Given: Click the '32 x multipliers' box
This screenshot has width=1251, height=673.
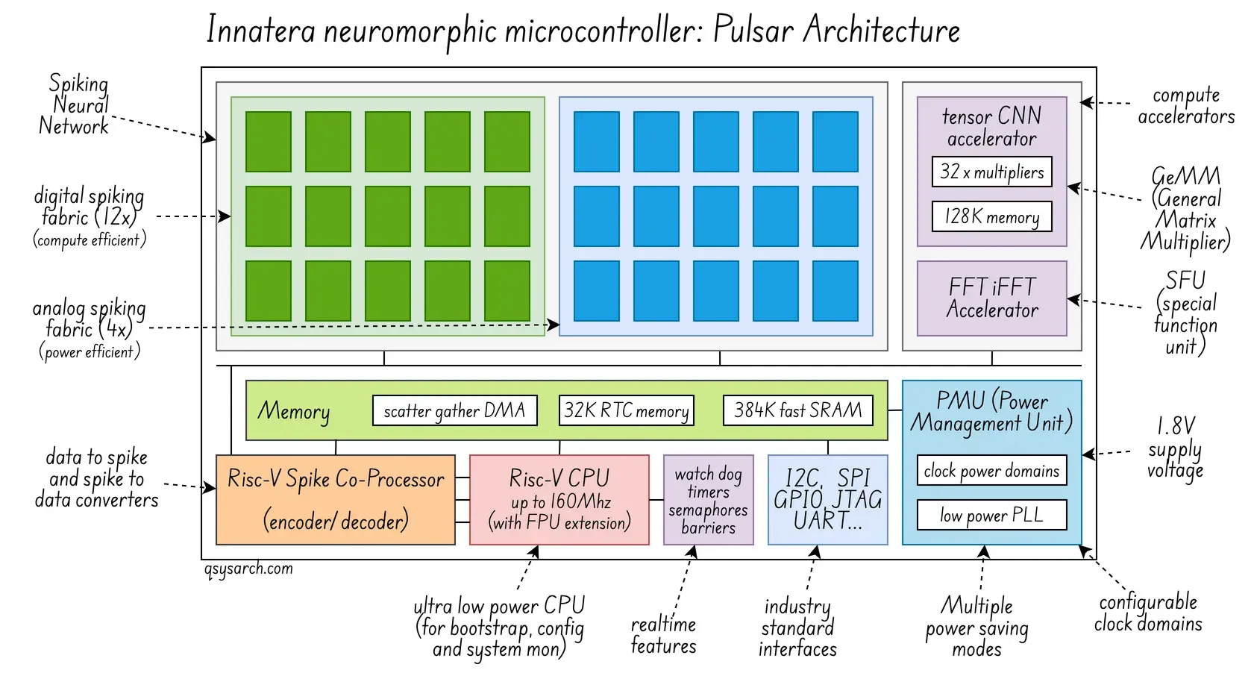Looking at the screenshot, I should tap(991, 172).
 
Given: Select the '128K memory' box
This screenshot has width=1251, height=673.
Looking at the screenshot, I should tap(991, 216).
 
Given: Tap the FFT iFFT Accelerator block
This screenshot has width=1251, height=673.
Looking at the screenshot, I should tap(991, 298).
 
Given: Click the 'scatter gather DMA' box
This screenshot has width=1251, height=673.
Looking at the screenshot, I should tap(454, 410).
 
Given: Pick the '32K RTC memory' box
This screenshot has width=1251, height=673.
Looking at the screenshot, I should tap(627, 410).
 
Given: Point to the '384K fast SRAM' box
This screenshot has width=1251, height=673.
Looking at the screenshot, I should tap(797, 410).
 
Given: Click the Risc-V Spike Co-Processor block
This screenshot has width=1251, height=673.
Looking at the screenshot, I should tap(335, 500).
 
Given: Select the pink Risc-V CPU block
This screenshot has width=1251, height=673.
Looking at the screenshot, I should tap(559, 500).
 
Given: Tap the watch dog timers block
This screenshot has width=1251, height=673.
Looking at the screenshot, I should tap(708, 500).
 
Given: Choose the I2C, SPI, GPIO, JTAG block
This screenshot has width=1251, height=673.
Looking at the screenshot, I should tap(827, 500).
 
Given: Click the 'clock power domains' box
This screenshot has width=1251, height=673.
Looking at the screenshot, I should tap(991, 471).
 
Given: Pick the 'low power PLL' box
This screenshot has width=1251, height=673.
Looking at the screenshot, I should tap(991, 515).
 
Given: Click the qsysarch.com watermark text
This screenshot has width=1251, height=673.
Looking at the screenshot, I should tap(248, 569).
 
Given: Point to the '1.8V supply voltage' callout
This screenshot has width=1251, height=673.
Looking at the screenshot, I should tap(1175, 448).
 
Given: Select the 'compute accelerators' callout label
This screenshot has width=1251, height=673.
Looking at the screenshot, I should tap(1185, 106).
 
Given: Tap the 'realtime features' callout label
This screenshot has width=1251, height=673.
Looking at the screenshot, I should tap(663, 635).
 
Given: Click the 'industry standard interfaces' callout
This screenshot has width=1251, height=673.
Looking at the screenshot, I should tap(797, 627).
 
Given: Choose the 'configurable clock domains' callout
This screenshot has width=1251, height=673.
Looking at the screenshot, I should tap(1148, 613).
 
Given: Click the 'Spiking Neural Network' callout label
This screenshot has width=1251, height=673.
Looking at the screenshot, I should tap(75, 104).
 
